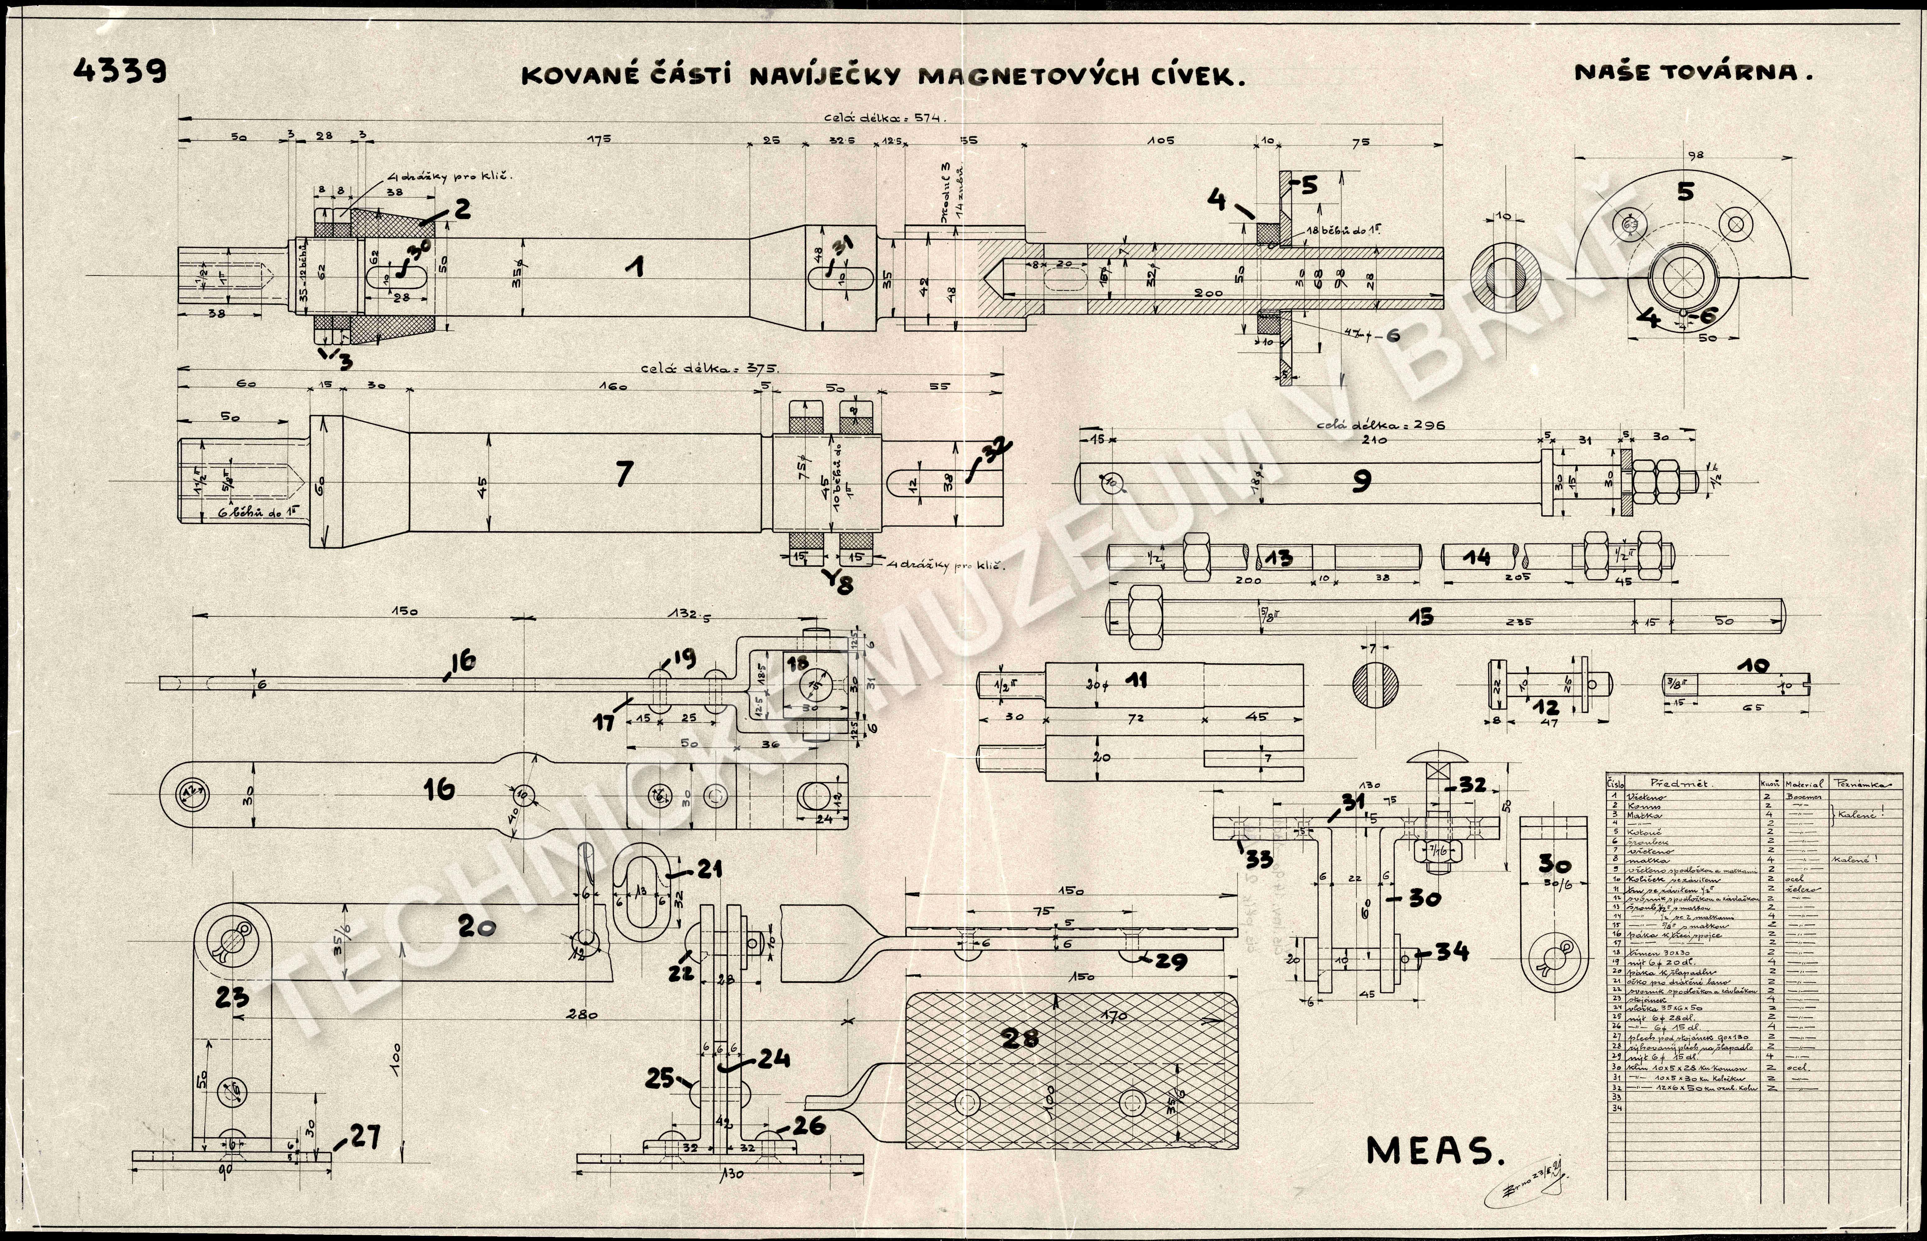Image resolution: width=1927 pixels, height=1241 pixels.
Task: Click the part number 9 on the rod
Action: pyautogui.click(x=1361, y=481)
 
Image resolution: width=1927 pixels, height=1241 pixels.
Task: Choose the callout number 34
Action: pyautogui.click(x=1451, y=952)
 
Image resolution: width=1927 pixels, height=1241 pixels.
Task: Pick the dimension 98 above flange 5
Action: pyautogui.click(x=1695, y=156)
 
